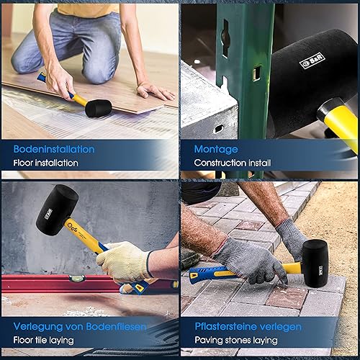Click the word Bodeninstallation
click(x=54, y=149)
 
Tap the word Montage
click(x=216, y=150)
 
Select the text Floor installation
click(x=45, y=163)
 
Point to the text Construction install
click(x=233, y=163)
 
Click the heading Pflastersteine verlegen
click(x=248, y=327)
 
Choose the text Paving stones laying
click(x=236, y=340)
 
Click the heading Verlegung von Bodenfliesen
click(x=80, y=327)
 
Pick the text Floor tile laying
click(x=44, y=340)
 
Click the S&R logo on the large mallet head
click(x=312, y=61)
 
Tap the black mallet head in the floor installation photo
click(x=99, y=108)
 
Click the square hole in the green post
click(x=257, y=73)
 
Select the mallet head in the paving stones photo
click(x=315, y=263)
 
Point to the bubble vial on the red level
click(x=77, y=279)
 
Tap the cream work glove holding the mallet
click(x=125, y=261)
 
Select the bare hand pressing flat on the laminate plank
click(x=155, y=91)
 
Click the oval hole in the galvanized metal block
click(x=218, y=129)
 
